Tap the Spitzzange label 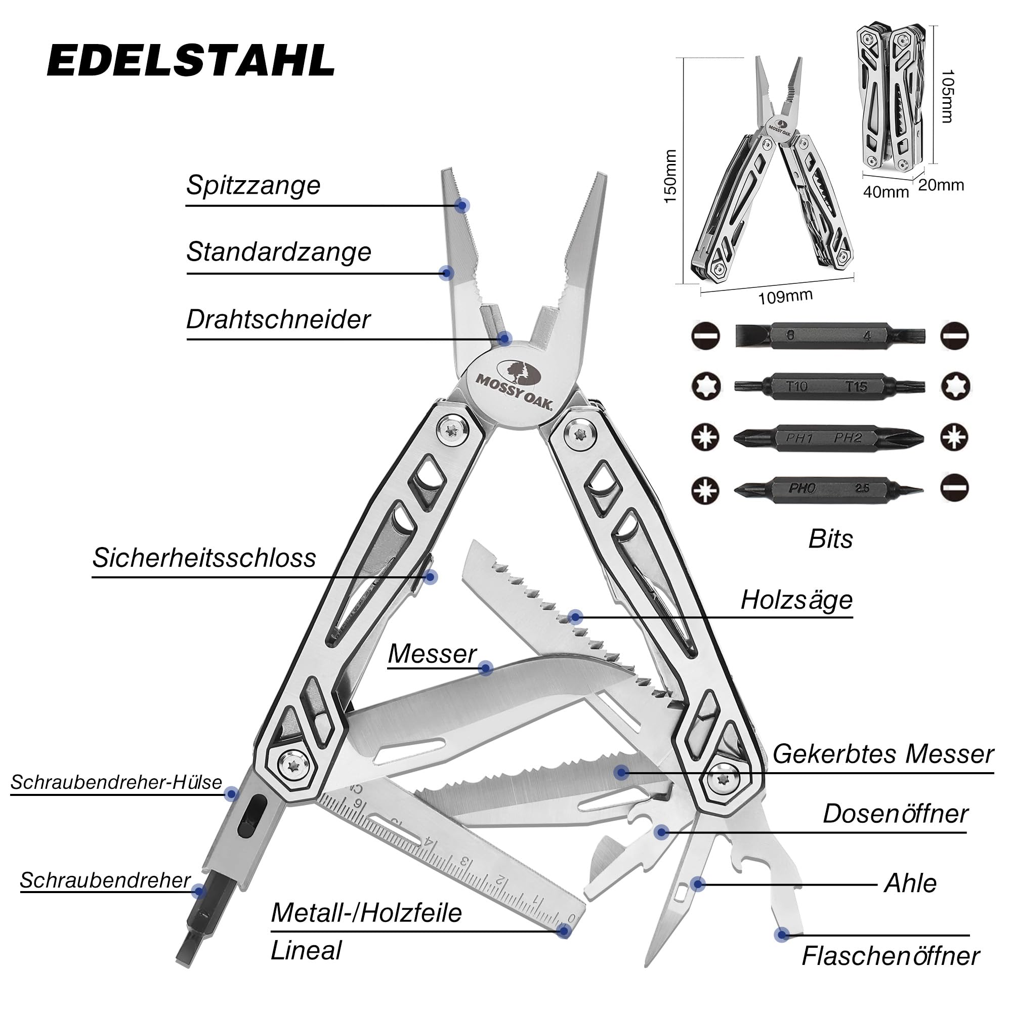pyautogui.click(x=254, y=185)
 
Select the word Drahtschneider pyautogui.click(x=278, y=319)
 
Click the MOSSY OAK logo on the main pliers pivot pyautogui.click(x=513, y=386)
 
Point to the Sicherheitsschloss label pyautogui.click(x=204, y=557)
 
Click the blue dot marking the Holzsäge pyautogui.click(x=575, y=617)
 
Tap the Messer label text pyautogui.click(x=432, y=654)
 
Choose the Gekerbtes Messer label pyautogui.click(x=882, y=754)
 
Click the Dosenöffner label pyautogui.click(x=896, y=814)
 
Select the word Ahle pyautogui.click(x=910, y=883)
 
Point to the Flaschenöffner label pyautogui.click(x=891, y=956)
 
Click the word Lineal pyautogui.click(x=306, y=950)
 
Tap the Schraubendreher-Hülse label pyautogui.click(x=116, y=782)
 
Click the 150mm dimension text pyautogui.click(x=670, y=177)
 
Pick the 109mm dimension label pyautogui.click(x=785, y=297)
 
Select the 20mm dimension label pyautogui.click(x=941, y=185)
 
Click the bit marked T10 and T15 pyautogui.click(x=829, y=387)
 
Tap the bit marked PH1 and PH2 pyautogui.click(x=829, y=437)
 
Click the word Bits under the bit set pyautogui.click(x=831, y=539)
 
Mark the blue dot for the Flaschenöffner pyautogui.click(x=782, y=935)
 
